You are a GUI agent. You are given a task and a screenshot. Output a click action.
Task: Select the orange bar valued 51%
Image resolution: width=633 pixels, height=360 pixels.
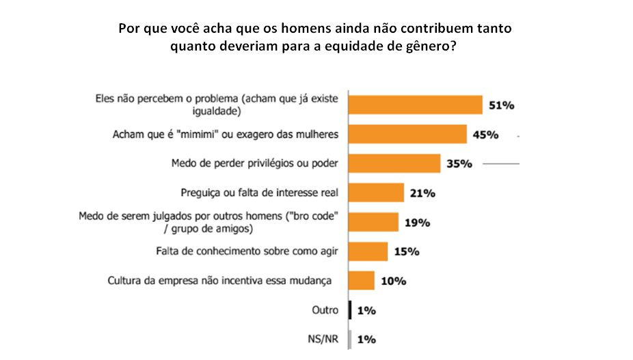tap(416, 105)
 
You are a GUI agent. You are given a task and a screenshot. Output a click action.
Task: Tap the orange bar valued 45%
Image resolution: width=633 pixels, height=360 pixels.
tap(407, 134)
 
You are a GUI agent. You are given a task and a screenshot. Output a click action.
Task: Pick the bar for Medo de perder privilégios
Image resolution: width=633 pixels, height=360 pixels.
tap(394, 163)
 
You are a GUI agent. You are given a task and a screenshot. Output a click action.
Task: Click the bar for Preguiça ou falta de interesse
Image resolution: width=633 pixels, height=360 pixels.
tap(377, 193)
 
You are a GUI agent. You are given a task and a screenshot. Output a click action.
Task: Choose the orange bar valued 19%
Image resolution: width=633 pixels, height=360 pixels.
tap(374, 222)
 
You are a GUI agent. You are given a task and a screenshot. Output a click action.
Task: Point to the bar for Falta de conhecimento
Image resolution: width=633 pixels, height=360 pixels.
tap(368, 251)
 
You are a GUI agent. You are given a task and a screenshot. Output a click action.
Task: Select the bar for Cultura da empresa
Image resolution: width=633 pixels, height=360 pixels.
tap(362, 281)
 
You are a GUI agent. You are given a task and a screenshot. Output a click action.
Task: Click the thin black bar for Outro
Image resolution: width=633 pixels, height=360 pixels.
tap(350, 310)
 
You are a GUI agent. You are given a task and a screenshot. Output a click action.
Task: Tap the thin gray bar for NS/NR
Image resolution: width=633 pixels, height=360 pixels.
tap(350, 339)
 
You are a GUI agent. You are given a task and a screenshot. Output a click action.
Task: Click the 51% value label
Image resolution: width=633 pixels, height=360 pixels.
tap(501, 105)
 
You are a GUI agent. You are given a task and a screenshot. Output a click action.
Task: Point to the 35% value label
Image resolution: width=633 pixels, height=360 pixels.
tap(460, 164)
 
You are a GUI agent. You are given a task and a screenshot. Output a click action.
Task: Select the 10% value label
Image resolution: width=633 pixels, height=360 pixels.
tap(394, 281)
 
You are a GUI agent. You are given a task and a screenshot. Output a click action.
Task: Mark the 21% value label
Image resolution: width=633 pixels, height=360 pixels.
tap(423, 193)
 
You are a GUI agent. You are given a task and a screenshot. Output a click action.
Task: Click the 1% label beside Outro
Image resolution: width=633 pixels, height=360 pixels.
tap(366, 311)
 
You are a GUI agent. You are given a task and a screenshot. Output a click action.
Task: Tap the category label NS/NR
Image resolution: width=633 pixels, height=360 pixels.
tap(323, 339)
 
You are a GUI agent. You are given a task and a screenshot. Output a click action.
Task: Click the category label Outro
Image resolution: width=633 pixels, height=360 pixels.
tap(324, 310)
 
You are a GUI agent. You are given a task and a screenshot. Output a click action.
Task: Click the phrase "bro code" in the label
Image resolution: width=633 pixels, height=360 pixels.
tap(314, 216)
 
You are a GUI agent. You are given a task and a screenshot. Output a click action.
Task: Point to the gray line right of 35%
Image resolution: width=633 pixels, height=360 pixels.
tap(501, 164)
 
